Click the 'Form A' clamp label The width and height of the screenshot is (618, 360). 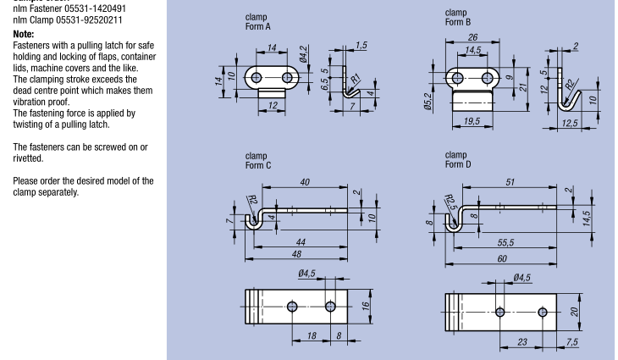(257, 26)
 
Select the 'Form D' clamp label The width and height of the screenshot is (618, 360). (458, 164)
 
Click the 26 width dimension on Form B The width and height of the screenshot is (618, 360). (472, 37)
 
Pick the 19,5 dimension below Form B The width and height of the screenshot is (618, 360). (472, 122)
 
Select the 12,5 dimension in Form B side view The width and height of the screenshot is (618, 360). (569, 124)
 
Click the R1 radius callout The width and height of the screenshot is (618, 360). (356, 80)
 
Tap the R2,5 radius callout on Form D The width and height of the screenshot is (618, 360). (450, 203)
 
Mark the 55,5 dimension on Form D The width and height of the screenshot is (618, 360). (506, 242)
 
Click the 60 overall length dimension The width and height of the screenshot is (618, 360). (503, 258)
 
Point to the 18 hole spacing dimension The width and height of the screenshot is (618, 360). (311, 335)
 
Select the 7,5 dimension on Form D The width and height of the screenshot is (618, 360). (573, 341)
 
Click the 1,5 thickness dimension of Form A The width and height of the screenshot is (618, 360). (361, 45)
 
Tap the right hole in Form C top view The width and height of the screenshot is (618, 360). (330, 306)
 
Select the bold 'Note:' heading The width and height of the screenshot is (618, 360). (24, 34)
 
